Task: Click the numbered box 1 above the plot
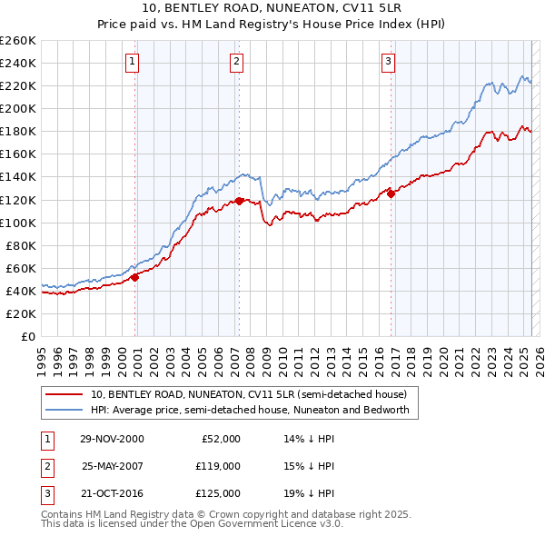pyautogui.click(x=133, y=62)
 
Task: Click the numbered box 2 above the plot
pyautogui.click(x=236, y=62)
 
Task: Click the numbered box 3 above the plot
pyautogui.click(x=388, y=62)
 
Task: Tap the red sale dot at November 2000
pyautogui.click(x=134, y=277)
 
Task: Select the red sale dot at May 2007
pyautogui.click(x=239, y=201)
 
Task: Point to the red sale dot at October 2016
pyautogui.click(x=391, y=193)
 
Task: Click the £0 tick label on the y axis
pyautogui.click(x=27, y=337)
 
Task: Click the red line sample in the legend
pyautogui.click(x=64, y=394)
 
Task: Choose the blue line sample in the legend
pyautogui.click(x=64, y=410)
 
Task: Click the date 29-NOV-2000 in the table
pyautogui.click(x=112, y=439)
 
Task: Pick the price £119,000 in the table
pyautogui.click(x=218, y=466)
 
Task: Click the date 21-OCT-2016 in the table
pyautogui.click(x=112, y=493)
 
